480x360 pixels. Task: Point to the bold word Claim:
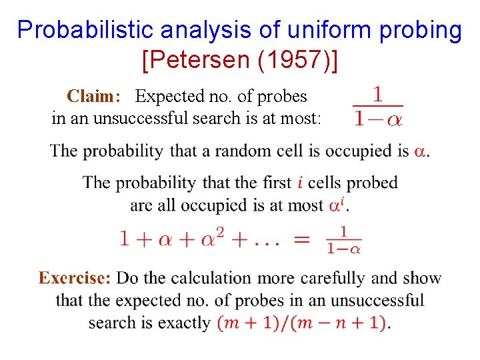(x=94, y=97)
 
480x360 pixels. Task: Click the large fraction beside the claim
(x=377, y=107)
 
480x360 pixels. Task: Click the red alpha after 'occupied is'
(x=421, y=151)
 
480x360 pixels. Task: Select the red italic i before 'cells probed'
(x=301, y=183)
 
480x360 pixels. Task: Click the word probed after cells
(x=372, y=183)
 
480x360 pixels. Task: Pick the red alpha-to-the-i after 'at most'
(x=337, y=205)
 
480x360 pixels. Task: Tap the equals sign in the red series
(x=301, y=239)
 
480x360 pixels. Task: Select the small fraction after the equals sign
(x=344, y=239)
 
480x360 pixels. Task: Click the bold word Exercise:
(x=75, y=278)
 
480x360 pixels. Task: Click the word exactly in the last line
(x=186, y=323)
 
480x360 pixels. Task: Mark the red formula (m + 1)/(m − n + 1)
(x=302, y=323)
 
